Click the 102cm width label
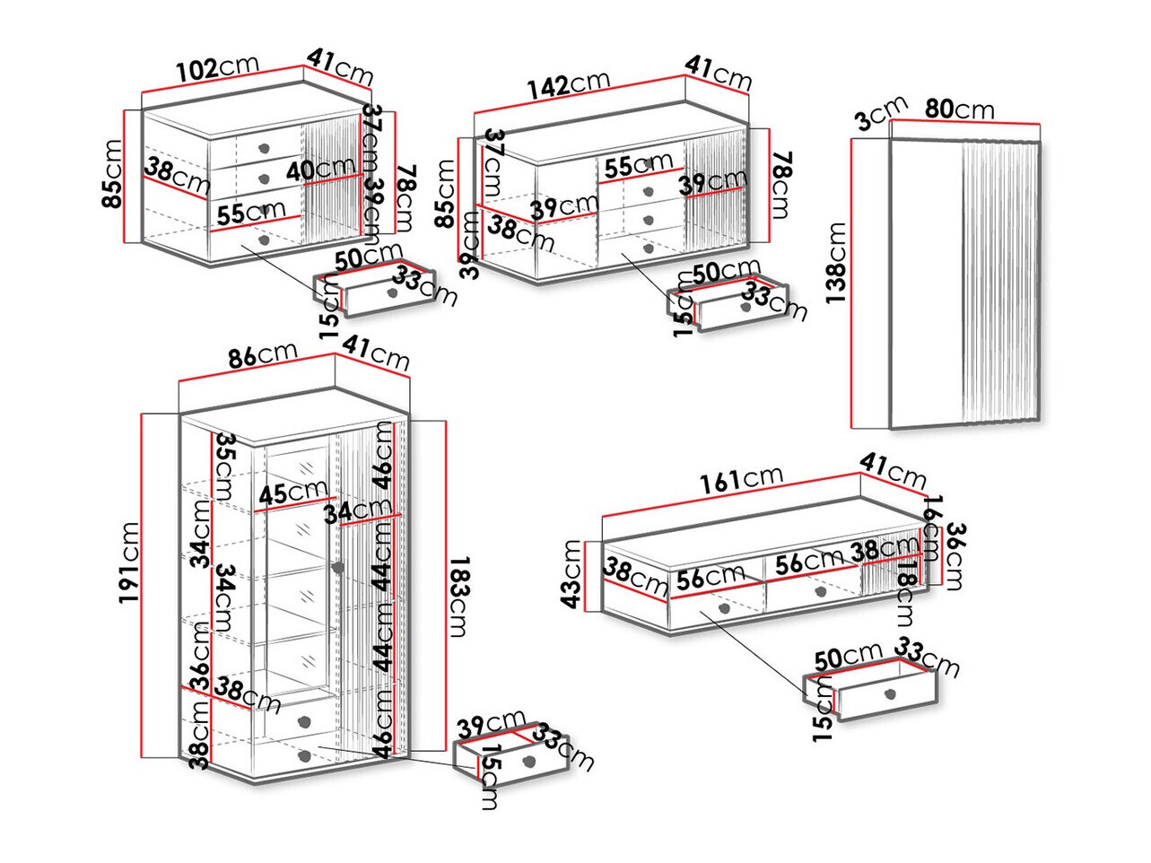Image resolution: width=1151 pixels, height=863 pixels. [217, 68]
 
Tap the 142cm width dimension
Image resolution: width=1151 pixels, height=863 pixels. [568, 84]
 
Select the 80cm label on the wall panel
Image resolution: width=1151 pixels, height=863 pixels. [959, 109]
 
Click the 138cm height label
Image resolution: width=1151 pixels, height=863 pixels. [836, 264]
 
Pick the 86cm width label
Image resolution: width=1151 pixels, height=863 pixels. [261, 355]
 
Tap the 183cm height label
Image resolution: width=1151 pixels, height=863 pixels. [458, 597]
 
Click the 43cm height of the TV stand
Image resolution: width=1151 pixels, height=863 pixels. [572, 574]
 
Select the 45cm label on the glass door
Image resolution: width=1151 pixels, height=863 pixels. [292, 493]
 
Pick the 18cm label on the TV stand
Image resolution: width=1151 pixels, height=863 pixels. [906, 593]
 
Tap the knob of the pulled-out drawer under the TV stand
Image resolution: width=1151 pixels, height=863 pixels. [889, 693]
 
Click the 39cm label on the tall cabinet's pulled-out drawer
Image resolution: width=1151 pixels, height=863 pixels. [491, 722]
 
